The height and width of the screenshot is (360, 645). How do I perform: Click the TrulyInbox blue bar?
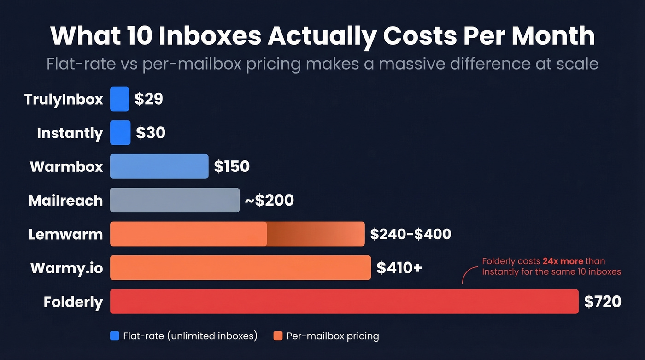tap(119, 99)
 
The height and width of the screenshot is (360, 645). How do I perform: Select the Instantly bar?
tap(120, 133)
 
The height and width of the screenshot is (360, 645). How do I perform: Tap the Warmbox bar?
tap(159, 166)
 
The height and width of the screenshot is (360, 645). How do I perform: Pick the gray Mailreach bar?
tap(175, 200)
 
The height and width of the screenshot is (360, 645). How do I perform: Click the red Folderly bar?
tap(344, 301)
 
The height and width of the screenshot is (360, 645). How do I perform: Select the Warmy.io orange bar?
tap(240, 268)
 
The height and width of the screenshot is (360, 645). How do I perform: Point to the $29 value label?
tap(149, 99)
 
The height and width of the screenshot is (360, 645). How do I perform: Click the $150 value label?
tap(232, 166)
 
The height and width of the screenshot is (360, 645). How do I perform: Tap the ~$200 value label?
tap(269, 201)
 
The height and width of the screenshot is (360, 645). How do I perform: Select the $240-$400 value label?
tap(410, 234)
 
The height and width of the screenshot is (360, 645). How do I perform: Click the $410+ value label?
tap(399, 268)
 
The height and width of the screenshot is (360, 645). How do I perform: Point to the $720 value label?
tap(603, 302)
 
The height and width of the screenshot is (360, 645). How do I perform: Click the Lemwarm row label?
tap(65, 234)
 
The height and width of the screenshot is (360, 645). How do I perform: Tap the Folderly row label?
tap(73, 302)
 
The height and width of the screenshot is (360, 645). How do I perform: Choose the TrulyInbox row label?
tap(64, 99)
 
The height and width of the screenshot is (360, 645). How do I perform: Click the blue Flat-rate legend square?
tap(115, 336)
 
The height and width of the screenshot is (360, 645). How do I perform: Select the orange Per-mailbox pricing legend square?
tap(278, 336)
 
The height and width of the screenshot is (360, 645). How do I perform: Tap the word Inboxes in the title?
tap(211, 35)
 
